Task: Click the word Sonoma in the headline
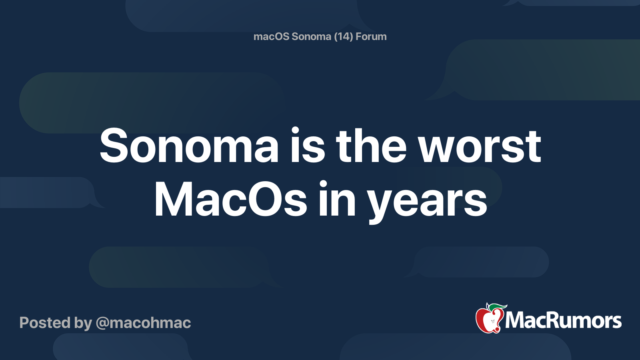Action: (x=189, y=146)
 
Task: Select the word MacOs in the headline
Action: (x=230, y=200)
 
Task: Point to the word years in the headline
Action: (x=427, y=202)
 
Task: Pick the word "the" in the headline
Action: (x=371, y=146)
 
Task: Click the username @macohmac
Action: (x=143, y=323)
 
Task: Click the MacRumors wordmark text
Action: (x=563, y=321)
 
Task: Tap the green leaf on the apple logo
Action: (x=496, y=307)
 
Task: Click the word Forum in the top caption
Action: (x=371, y=36)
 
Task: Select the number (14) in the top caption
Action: (x=343, y=36)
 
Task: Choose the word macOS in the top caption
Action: (x=271, y=36)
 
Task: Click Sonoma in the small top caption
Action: (x=311, y=36)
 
